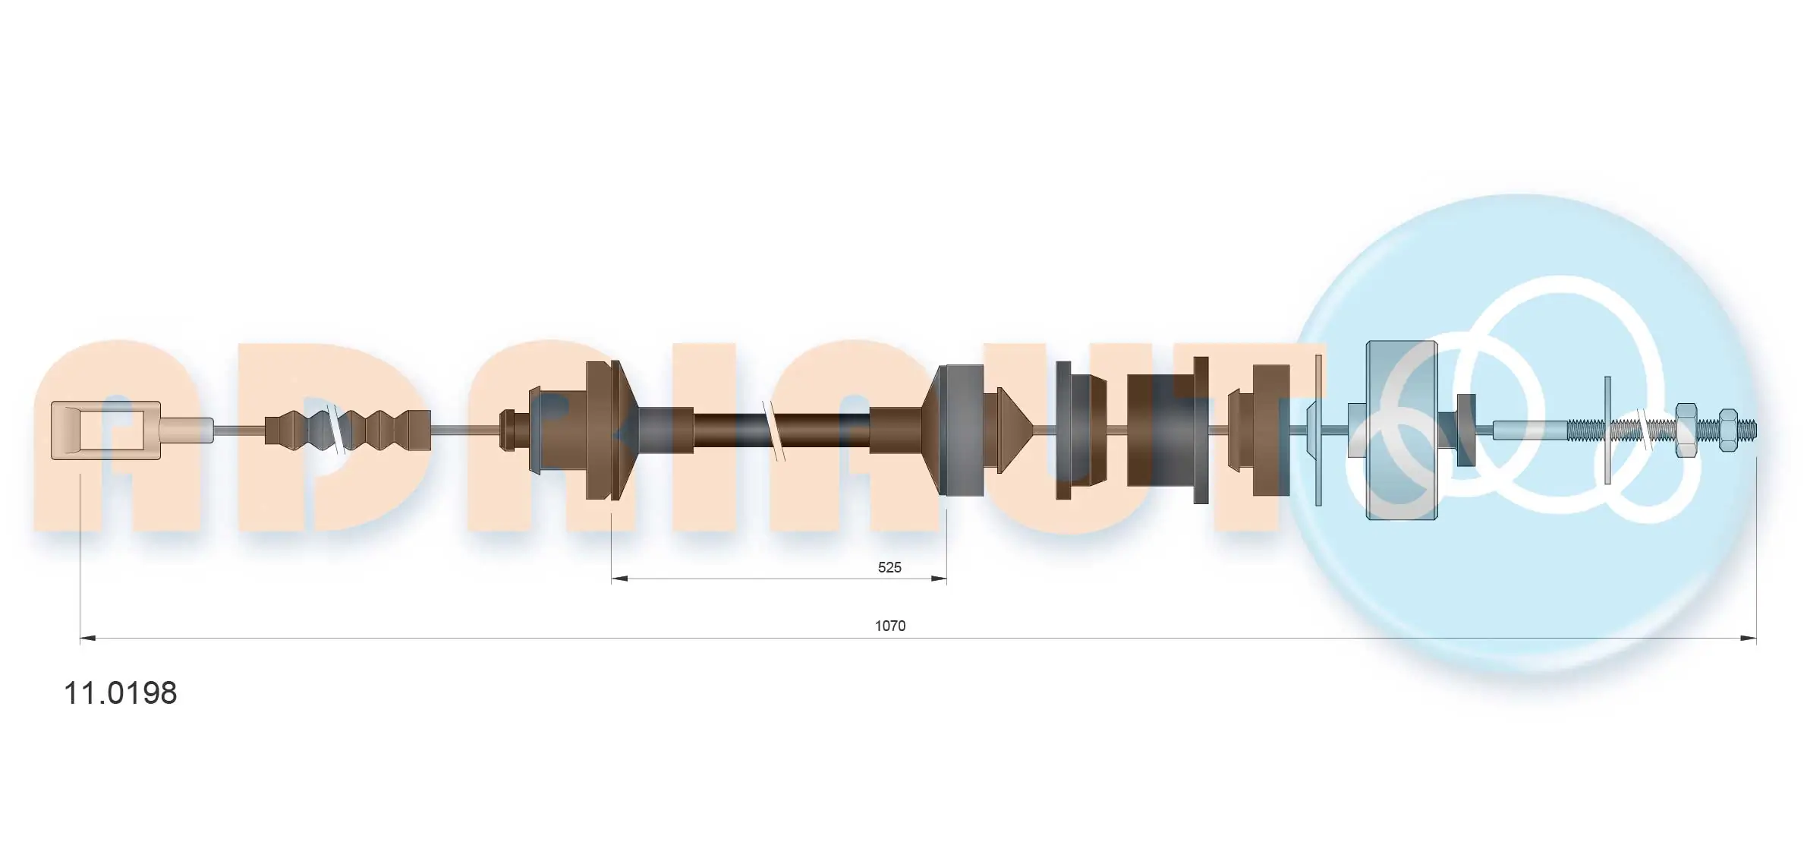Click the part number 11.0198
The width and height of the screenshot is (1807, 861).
120,692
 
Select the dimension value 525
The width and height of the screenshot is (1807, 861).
889,567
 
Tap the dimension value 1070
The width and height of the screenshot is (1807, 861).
889,626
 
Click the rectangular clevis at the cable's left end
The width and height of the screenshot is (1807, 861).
105,430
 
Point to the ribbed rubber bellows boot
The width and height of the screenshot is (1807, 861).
348,430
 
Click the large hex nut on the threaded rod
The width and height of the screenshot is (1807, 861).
1686,430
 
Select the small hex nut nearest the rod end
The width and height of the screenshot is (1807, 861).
1728,430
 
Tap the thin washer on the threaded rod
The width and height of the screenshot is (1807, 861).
1607,430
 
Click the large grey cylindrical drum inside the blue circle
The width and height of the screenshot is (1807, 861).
1401,430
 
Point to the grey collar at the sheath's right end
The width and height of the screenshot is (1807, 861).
962,430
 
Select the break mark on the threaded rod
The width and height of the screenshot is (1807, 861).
1643,430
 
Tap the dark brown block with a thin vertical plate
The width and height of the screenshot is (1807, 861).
1167,430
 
